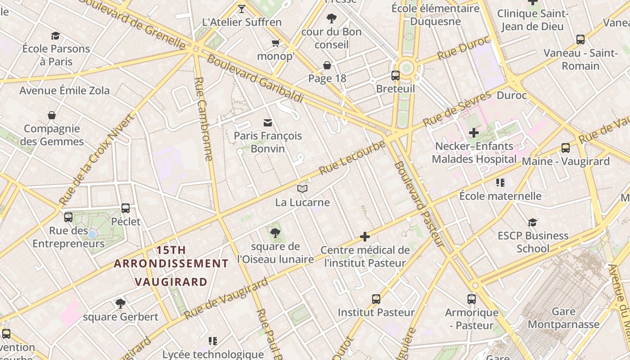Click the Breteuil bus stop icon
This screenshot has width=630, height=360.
tap(396, 76)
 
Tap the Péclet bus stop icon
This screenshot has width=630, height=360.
tap(126, 208)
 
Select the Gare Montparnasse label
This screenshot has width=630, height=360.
tap(563, 318)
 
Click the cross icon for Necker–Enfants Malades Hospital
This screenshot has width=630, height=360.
tap(473, 133)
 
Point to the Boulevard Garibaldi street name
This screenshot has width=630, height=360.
tap(254, 79)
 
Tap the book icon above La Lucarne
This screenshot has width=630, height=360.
tap(302, 189)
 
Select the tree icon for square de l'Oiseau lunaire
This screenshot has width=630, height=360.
tap(275, 233)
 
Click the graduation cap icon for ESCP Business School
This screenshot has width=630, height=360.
tap(532, 222)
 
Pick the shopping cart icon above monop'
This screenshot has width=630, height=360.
tap(275, 43)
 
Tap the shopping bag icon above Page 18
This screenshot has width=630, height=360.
tap(327, 65)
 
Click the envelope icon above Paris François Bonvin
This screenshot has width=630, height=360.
tap(268, 122)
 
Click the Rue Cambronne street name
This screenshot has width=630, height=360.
tap(203, 119)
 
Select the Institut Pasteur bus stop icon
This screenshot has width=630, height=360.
tap(376, 299)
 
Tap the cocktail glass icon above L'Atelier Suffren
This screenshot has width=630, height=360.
tap(242, 9)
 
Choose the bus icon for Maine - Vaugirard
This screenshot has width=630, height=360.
tap(566, 148)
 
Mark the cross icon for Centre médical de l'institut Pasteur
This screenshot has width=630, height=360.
tap(365, 237)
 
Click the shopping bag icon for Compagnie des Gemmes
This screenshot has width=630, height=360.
tap(52, 116)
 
